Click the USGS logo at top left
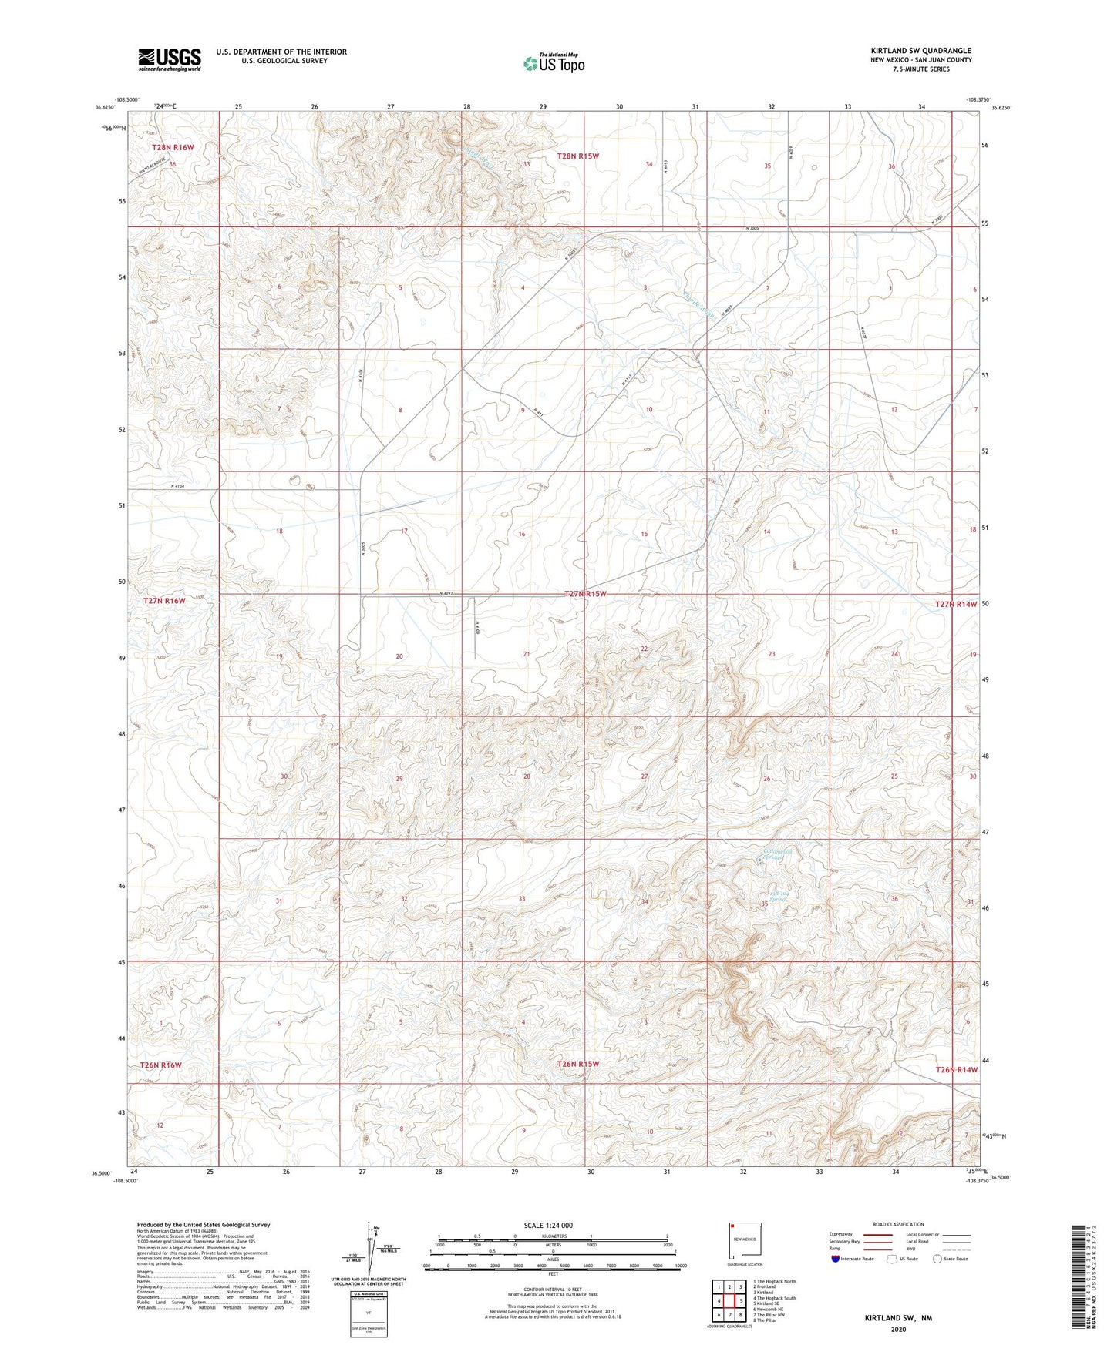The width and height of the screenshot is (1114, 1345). [170, 59]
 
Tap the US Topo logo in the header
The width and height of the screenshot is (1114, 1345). [554, 63]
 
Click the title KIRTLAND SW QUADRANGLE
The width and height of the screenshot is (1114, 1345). [920, 50]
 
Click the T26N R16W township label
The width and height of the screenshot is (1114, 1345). [161, 1065]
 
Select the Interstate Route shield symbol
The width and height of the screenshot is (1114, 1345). [836, 1259]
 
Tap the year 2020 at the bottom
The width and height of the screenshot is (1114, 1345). [898, 1329]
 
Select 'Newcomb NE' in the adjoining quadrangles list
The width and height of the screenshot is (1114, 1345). [768, 1309]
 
